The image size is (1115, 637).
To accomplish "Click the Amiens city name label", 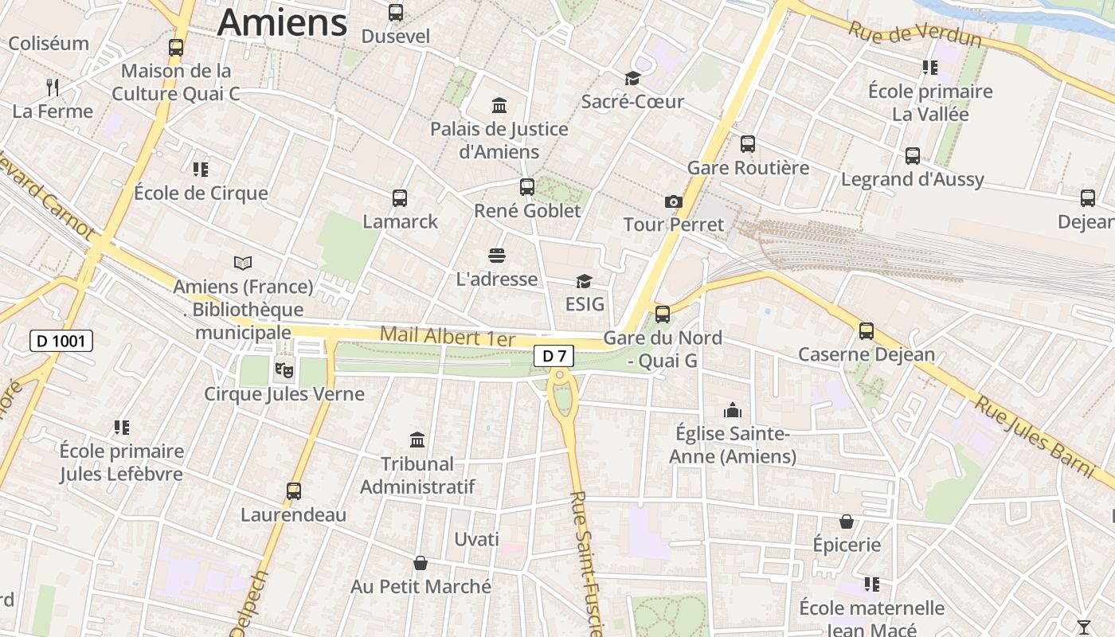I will click(283, 22).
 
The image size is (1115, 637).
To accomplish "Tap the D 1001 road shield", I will click(61, 342).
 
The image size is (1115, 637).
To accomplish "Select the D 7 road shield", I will click(554, 356).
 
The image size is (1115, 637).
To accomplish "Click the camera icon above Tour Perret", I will click(674, 201).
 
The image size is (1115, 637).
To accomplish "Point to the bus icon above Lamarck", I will click(400, 197).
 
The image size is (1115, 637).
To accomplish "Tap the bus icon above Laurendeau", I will click(294, 491).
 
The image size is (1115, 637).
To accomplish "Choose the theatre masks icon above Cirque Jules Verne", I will click(284, 369).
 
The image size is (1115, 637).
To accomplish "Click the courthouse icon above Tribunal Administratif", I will click(417, 440).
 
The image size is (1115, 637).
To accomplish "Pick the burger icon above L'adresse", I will click(497, 256).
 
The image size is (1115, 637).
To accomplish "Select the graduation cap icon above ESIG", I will click(585, 281).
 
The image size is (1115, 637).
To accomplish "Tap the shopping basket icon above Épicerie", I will click(847, 522).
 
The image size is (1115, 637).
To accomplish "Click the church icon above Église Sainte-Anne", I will click(732, 410).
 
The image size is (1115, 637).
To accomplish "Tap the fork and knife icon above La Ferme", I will click(53, 87).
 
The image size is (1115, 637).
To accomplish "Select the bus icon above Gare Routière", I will click(748, 144).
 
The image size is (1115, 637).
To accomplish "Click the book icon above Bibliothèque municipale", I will click(243, 263).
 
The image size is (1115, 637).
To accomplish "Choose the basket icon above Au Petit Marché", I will click(421, 563).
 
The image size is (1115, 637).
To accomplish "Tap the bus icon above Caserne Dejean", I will click(867, 330).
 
